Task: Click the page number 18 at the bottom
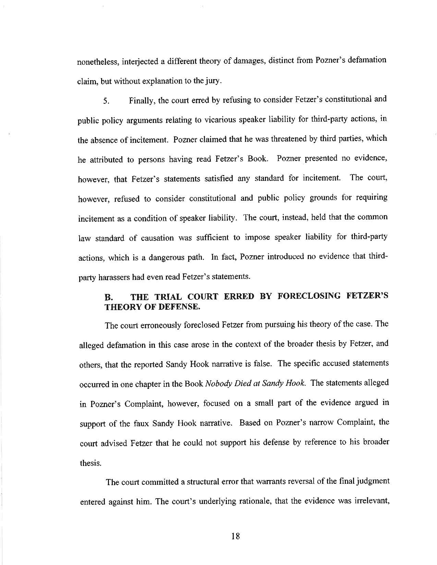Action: (235, 536)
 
